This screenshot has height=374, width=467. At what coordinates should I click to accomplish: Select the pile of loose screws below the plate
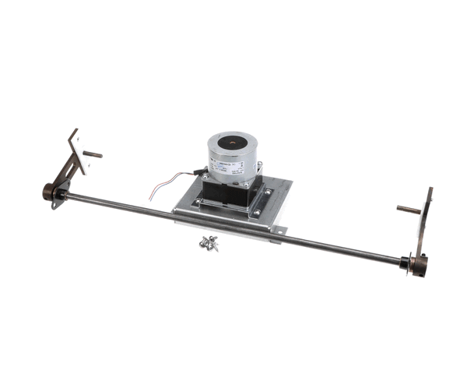click(209, 243)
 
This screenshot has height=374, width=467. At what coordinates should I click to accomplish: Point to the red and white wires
click(168, 190)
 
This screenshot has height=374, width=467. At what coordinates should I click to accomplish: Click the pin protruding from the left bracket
click(93, 154)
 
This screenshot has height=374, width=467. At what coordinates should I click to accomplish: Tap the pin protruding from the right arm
click(406, 209)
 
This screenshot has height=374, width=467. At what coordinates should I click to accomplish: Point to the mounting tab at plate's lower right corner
click(279, 231)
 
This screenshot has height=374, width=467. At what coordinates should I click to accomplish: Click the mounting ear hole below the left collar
click(54, 205)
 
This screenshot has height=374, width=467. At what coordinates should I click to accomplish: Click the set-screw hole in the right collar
click(421, 269)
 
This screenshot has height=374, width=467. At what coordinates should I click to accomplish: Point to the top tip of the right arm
click(430, 190)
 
